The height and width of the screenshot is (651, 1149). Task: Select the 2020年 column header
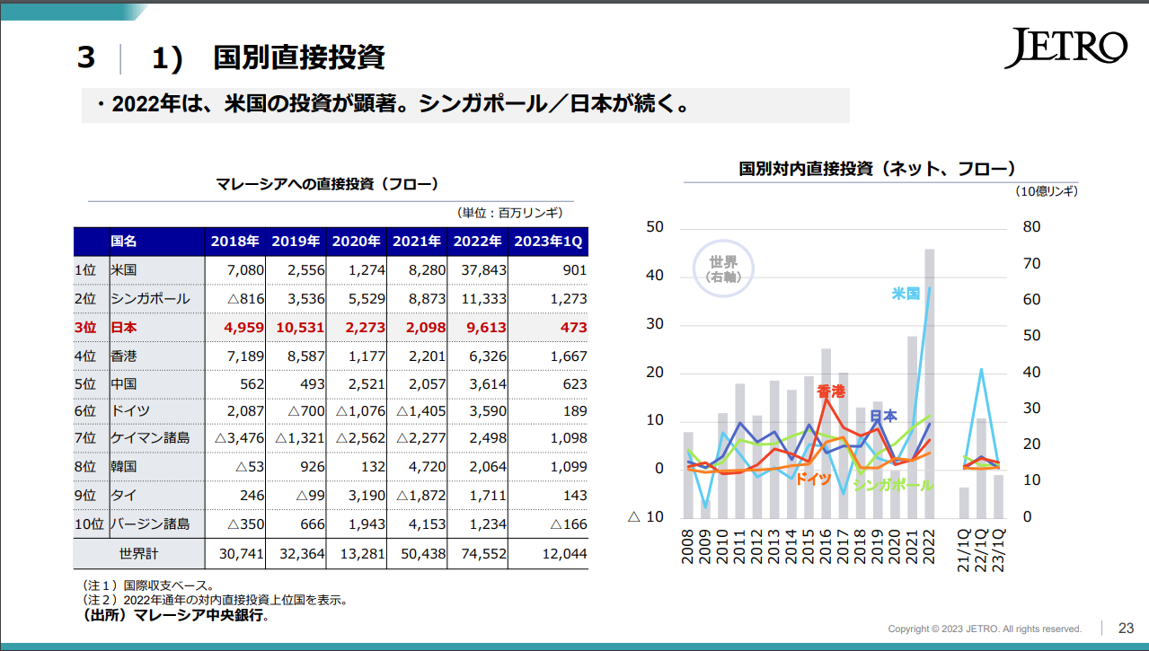click(x=357, y=242)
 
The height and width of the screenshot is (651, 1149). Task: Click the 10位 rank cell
click(x=90, y=523)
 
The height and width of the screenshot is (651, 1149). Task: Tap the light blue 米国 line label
click(x=906, y=294)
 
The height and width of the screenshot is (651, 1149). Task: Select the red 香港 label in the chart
click(x=831, y=391)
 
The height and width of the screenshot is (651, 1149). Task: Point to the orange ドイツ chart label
click(x=813, y=479)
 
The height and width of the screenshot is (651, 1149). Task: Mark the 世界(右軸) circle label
click(x=723, y=269)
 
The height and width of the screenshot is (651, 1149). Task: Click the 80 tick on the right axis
click(x=1031, y=227)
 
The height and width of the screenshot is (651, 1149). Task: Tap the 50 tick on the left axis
click(x=655, y=227)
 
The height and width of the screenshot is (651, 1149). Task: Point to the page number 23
click(x=1126, y=628)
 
